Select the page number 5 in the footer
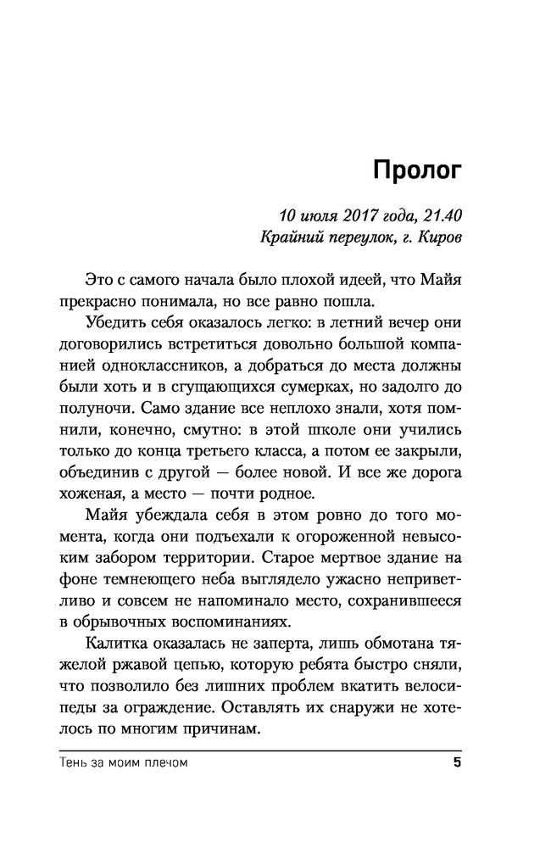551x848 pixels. pos(456,763)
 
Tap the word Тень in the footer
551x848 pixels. pos(76,763)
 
